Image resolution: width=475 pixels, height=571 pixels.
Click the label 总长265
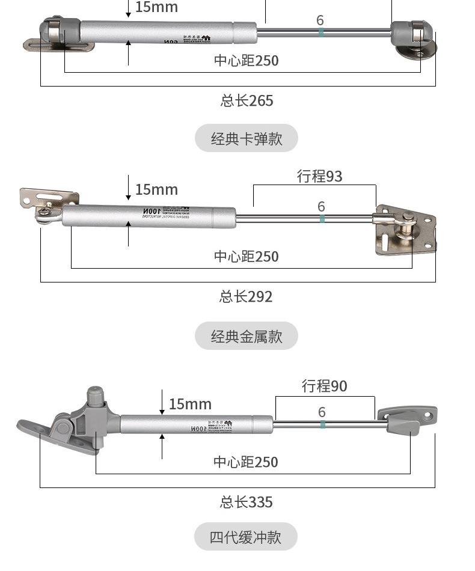[x=247, y=100]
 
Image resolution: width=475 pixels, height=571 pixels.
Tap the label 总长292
[x=246, y=296]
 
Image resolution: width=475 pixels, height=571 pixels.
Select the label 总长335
[x=246, y=502]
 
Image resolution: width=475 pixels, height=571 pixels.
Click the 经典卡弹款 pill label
[x=246, y=138]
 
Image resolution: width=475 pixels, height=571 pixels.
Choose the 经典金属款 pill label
[x=246, y=335]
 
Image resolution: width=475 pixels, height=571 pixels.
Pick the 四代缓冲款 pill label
[x=245, y=536]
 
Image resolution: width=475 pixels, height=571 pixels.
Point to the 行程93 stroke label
[x=319, y=176]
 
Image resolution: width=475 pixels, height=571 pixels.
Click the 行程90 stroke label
[x=324, y=386]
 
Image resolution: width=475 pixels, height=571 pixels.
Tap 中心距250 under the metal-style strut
[x=246, y=257]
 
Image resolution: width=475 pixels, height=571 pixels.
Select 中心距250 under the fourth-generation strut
[x=245, y=462]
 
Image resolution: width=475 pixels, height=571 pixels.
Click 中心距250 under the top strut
[x=246, y=61]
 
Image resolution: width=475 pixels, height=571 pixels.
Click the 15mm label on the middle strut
[x=156, y=190]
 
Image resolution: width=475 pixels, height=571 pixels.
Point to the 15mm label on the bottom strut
[x=190, y=405]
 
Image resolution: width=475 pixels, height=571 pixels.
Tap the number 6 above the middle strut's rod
[x=321, y=207]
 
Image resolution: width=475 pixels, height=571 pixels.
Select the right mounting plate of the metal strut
[x=405, y=230]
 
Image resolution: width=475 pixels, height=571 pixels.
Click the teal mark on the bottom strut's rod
[x=323, y=425]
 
